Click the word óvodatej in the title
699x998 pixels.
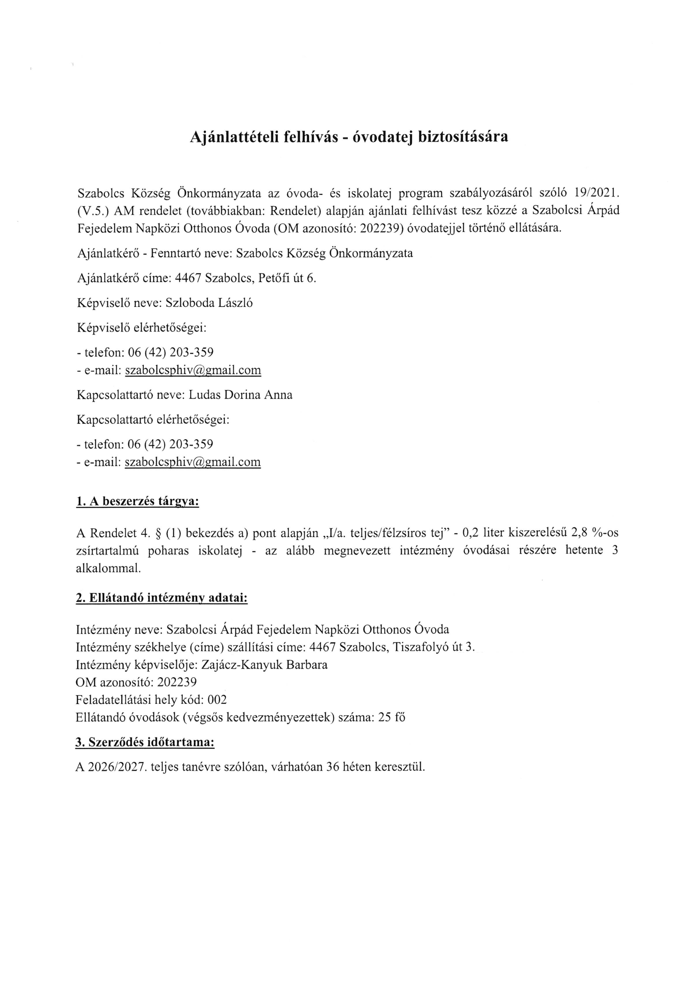pyautogui.click(x=382, y=137)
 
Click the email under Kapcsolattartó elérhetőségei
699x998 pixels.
pyautogui.click(x=193, y=462)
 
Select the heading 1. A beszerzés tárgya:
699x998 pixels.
pyautogui.click(x=137, y=502)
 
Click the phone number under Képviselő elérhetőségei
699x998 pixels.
pyautogui.click(x=171, y=352)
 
